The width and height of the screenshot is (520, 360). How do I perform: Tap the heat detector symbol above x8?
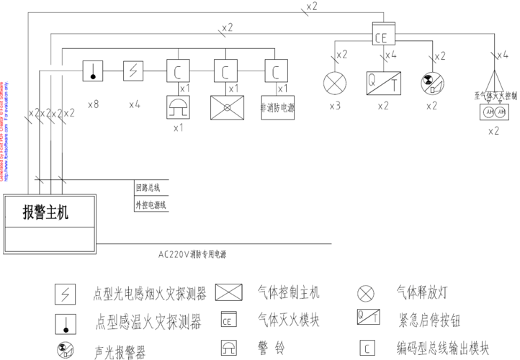tap(94, 71)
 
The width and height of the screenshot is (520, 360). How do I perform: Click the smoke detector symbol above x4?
tap(134, 71)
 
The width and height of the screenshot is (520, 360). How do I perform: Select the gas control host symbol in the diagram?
tap(226, 107)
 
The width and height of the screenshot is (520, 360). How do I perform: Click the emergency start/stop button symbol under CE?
tap(382, 81)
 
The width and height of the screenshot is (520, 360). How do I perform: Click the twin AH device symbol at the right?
tap(494, 113)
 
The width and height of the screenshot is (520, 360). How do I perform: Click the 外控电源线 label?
tap(151, 205)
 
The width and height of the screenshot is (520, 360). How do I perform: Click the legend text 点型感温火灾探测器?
tap(148, 320)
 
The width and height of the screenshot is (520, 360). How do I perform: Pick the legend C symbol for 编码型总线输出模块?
tap(367, 348)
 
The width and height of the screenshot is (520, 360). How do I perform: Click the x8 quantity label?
tap(93, 104)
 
